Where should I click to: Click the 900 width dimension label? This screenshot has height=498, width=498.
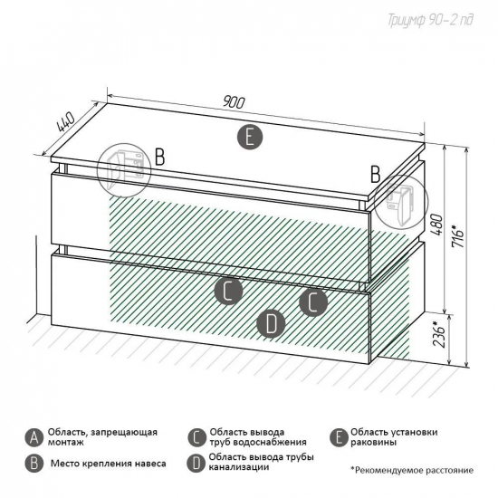pyautogui.click(x=235, y=102)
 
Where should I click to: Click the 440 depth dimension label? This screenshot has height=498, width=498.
pyautogui.click(x=66, y=122)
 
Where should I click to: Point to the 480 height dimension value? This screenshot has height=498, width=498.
pyautogui.click(x=436, y=225)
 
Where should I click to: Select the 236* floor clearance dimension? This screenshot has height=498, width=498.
pyautogui.click(x=440, y=334)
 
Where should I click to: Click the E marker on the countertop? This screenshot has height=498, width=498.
pyautogui.click(x=250, y=138)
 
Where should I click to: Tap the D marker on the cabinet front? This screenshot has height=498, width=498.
pyautogui.click(x=271, y=324)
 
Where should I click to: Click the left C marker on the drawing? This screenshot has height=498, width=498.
pyautogui.click(x=228, y=291)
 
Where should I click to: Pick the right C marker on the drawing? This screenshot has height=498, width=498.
pyautogui.click(x=313, y=302)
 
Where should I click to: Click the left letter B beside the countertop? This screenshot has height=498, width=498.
pyautogui.click(x=159, y=157)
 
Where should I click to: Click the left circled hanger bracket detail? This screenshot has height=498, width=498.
pyautogui.click(x=124, y=170)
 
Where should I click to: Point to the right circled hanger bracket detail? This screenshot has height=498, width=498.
pyautogui.click(x=401, y=201)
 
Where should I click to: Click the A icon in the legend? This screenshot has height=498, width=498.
pyautogui.click(x=34, y=438)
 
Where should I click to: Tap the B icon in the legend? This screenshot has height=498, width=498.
pyautogui.click(x=34, y=464)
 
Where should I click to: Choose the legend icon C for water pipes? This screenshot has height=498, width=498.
pyautogui.click(x=196, y=438)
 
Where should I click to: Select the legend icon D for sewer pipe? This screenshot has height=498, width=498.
pyautogui.click(x=196, y=464)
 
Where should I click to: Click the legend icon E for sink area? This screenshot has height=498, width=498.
pyautogui.click(x=339, y=438)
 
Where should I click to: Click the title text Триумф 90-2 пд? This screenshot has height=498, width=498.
pyautogui.click(x=430, y=21)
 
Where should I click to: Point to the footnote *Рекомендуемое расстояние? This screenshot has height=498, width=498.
pyautogui.click(x=412, y=470)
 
